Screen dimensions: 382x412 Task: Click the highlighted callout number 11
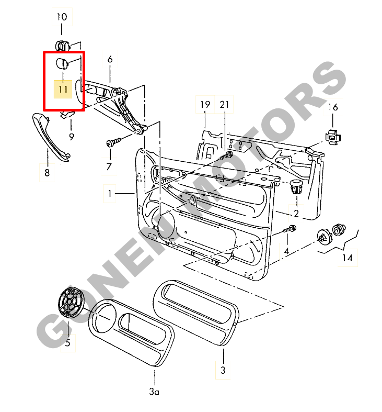coord(63,90)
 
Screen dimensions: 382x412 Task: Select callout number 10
coord(62,17)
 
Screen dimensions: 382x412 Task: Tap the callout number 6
coord(110,59)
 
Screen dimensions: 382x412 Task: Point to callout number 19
coord(205,105)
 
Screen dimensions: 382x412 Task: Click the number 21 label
coord(224,105)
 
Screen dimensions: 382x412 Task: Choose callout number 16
coord(333,107)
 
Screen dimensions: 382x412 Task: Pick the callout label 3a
coord(154,392)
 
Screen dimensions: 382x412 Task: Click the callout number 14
coord(348,258)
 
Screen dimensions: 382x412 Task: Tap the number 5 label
coord(68,343)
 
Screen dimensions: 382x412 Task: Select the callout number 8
coord(47,173)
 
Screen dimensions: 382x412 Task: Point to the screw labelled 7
coord(113,142)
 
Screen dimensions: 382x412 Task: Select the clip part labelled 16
coord(333,137)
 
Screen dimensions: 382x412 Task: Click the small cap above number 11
coord(62,63)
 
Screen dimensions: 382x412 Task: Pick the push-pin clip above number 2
coord(296,186)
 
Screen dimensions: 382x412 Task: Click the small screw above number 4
coord(290,229)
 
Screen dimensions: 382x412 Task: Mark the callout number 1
coord(110,194)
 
